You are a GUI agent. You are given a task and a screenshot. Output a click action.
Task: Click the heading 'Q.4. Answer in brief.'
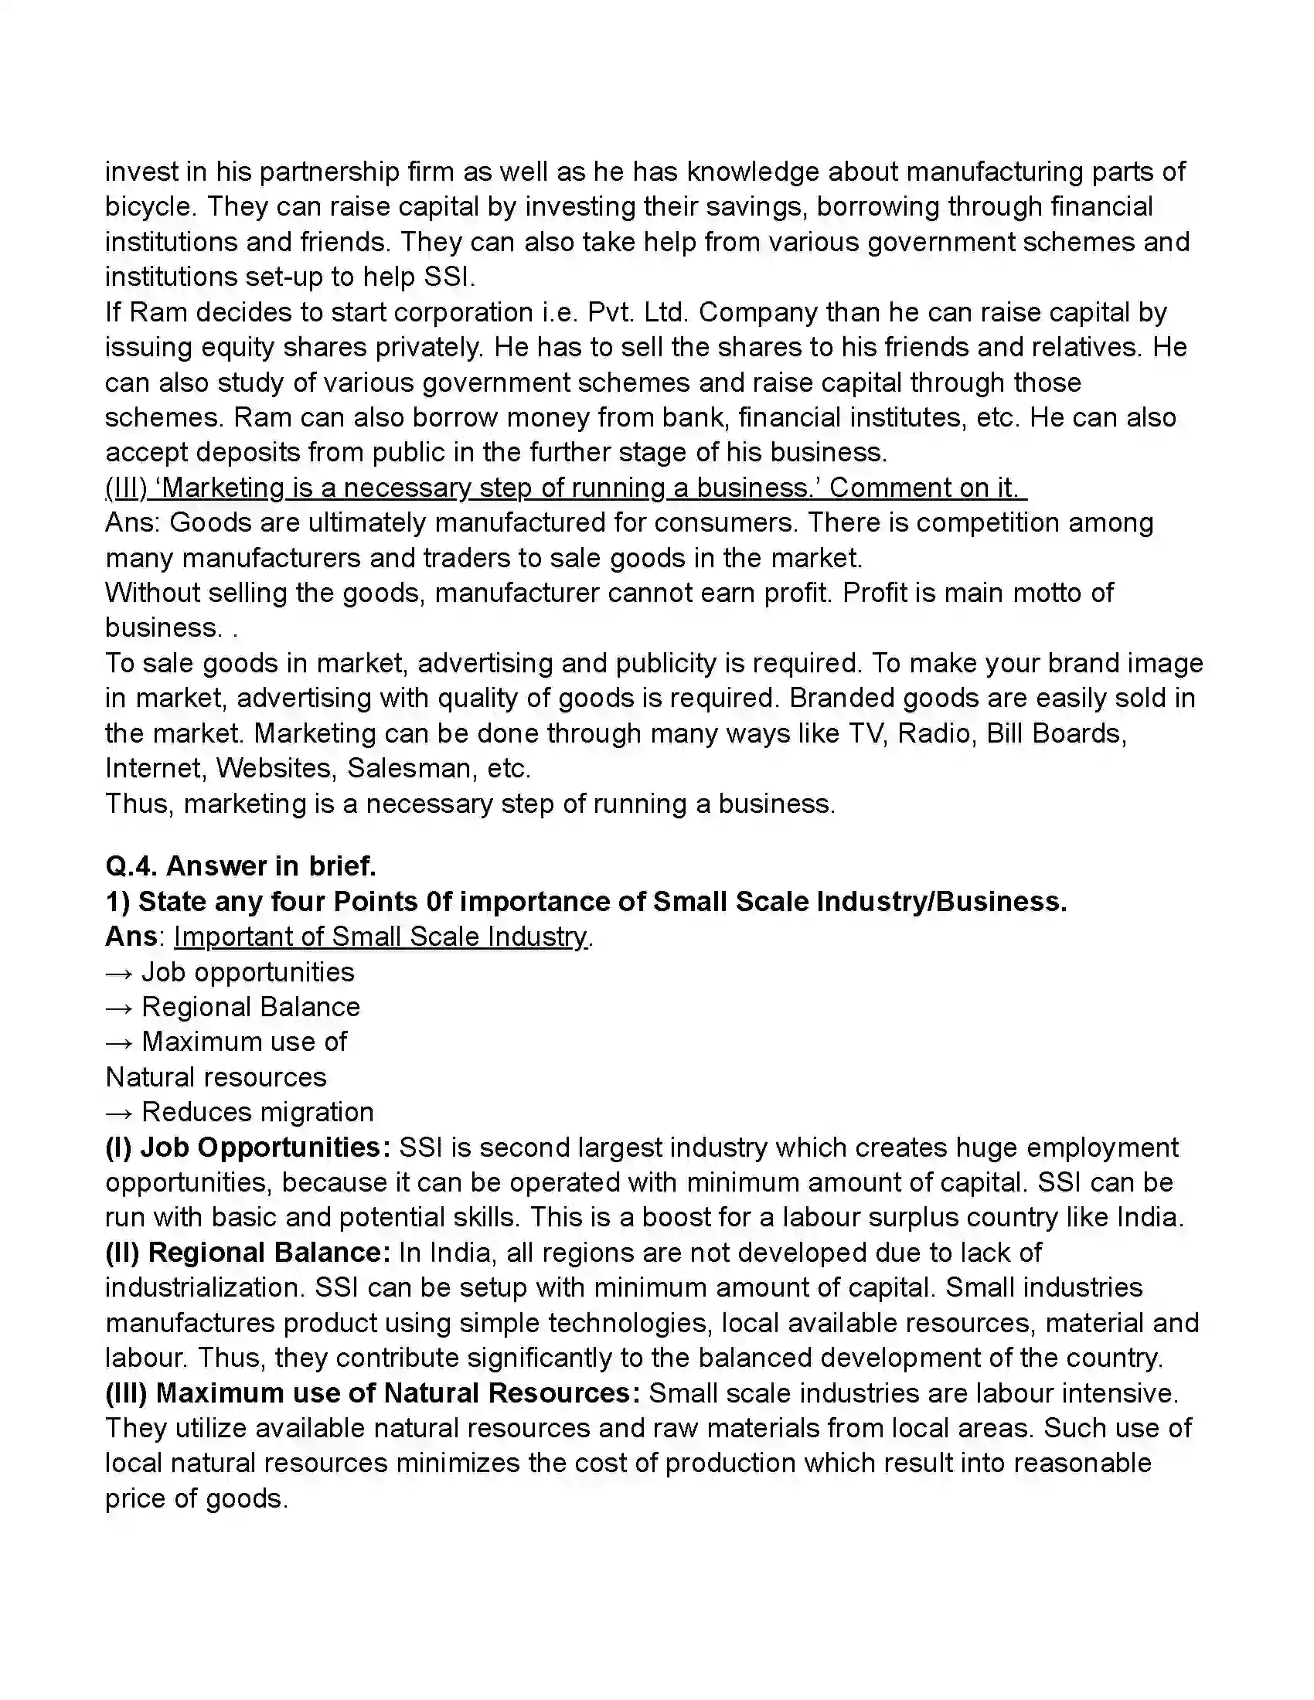coord(240,866)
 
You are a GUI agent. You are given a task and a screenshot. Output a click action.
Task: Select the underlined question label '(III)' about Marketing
coord(126,488)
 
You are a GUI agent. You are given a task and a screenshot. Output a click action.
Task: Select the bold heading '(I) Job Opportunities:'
coord(247,1148)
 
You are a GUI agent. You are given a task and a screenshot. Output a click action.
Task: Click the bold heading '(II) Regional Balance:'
coord(247,1253)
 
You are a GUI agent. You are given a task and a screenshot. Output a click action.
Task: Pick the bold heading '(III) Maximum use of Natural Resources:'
coord(372,1393)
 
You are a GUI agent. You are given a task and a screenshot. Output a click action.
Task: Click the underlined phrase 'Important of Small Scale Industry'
coord(380,937)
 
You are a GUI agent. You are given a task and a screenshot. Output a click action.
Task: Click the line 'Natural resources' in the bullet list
coord(216,1078)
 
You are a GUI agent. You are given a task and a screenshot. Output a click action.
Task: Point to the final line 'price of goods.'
coord(196,1499)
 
